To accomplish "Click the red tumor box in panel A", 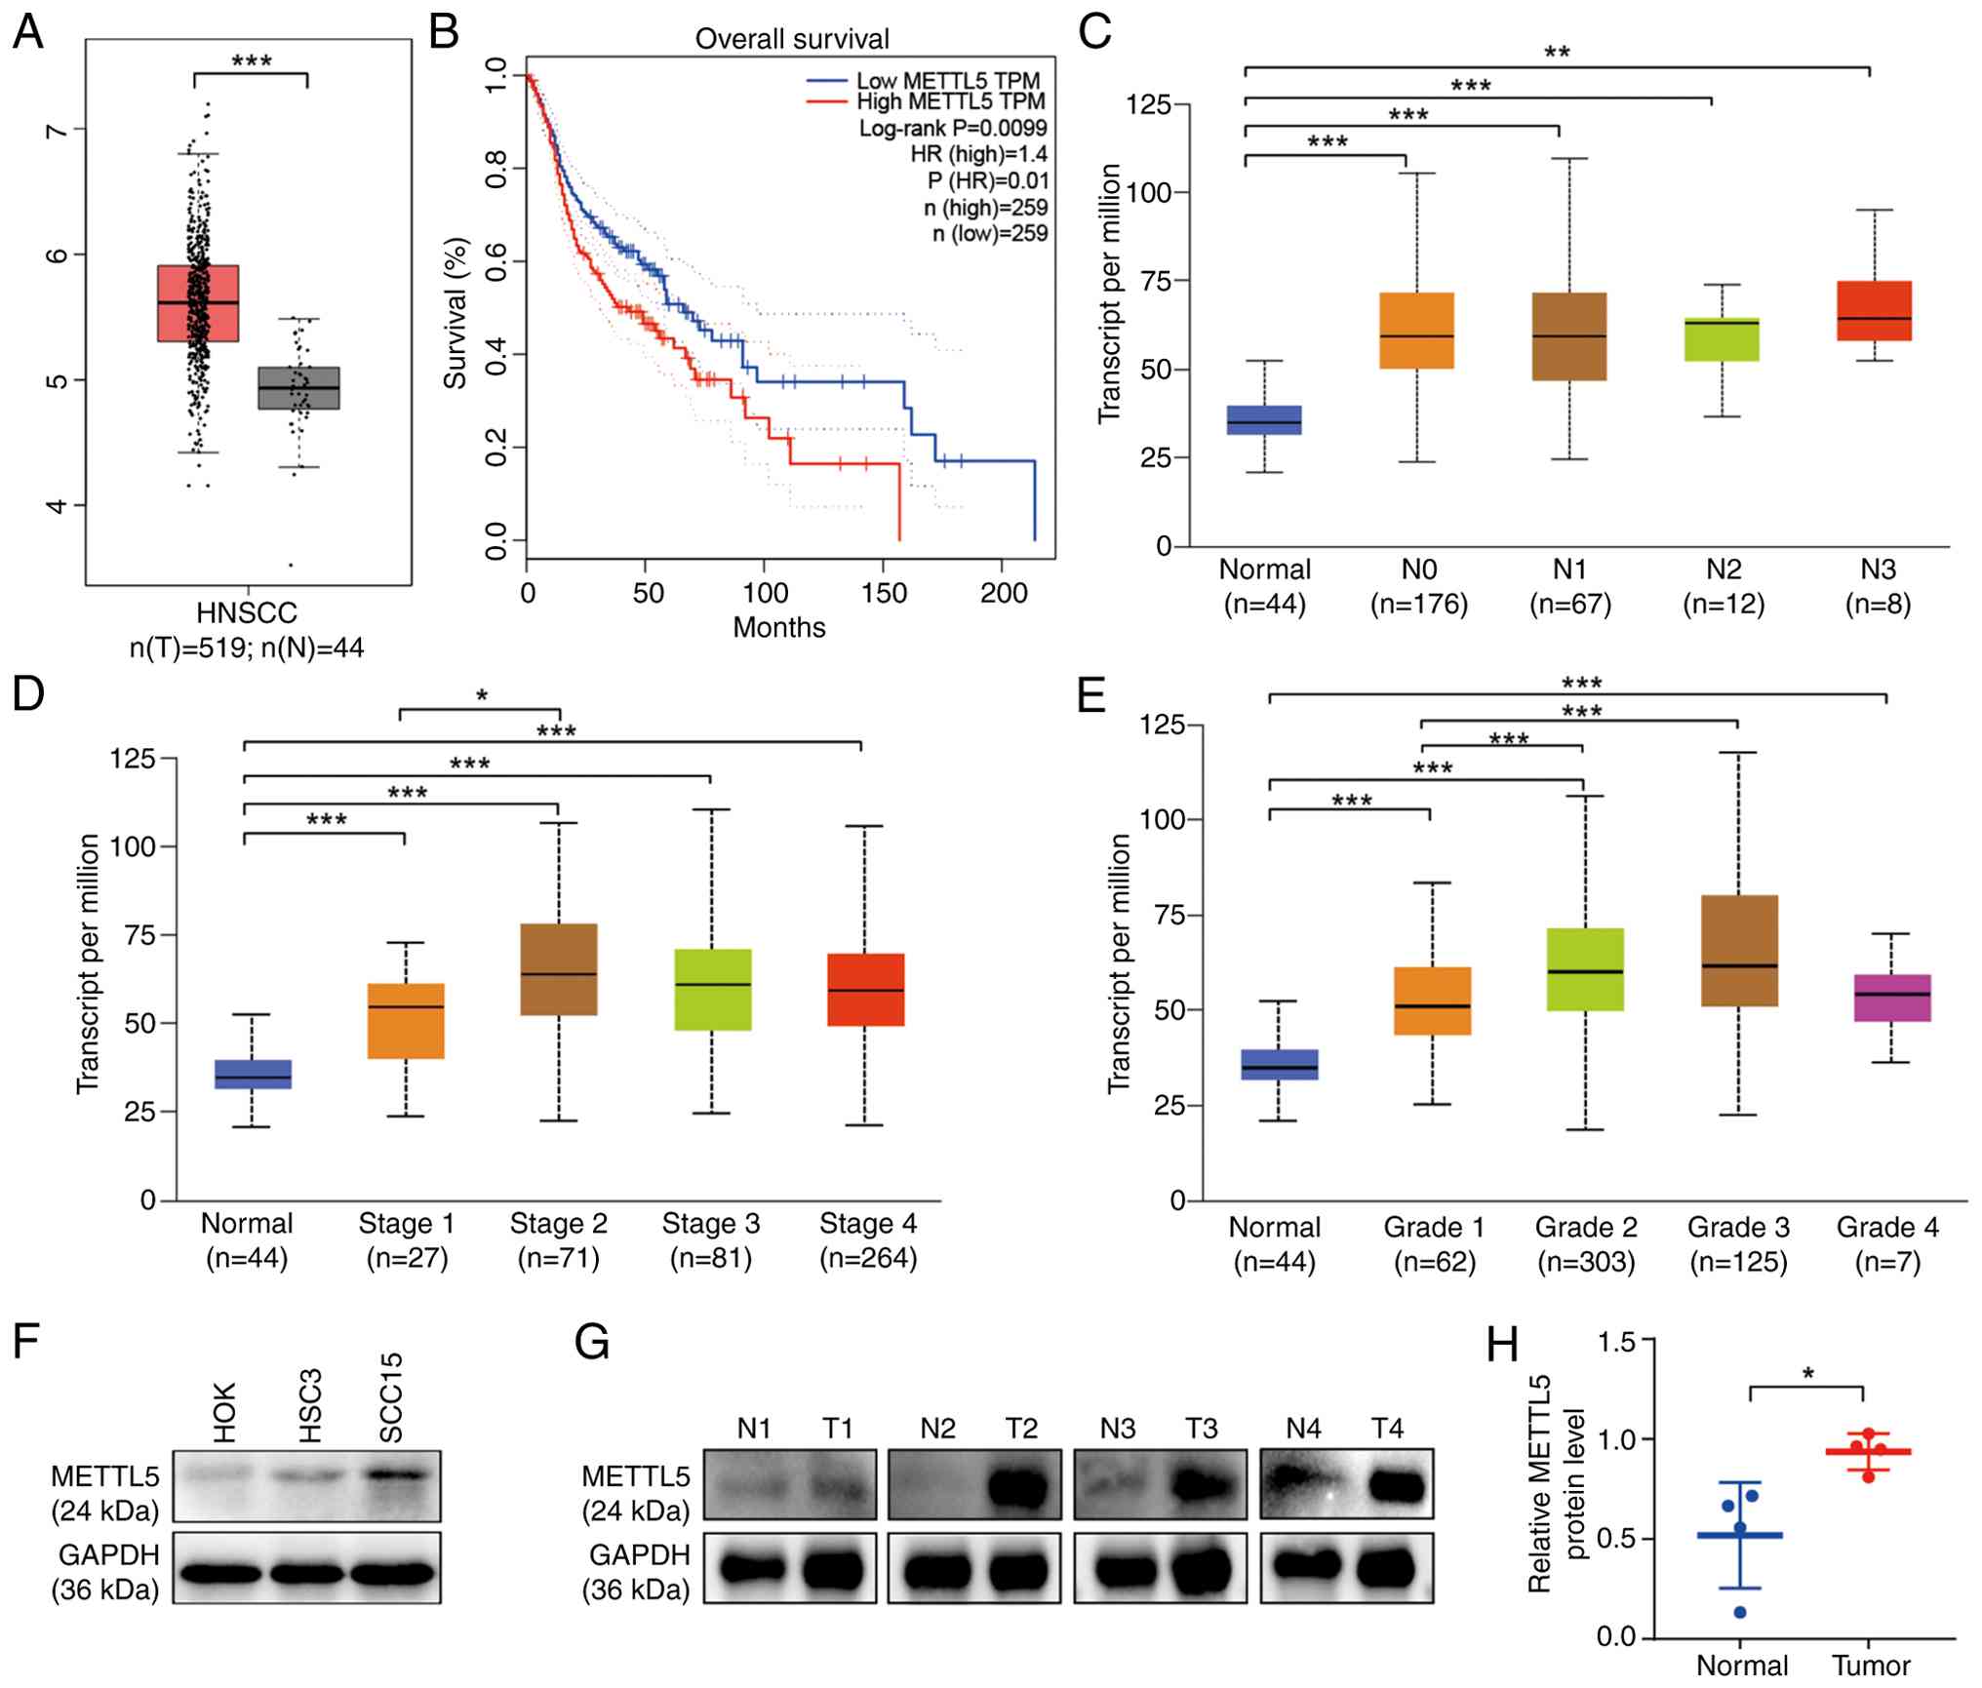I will tap(198, 303).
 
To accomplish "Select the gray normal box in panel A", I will tap(298, 388).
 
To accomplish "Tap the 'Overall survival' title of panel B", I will tap(791, 39).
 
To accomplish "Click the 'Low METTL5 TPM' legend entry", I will tap(947, 81).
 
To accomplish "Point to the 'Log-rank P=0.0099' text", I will tap(952, 128).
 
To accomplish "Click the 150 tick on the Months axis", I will tap(884, 593).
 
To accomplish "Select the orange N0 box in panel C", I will tap(1416, 331).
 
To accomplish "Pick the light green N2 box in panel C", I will tap(1722, 339).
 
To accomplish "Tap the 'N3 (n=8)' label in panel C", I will tap(1877, 586).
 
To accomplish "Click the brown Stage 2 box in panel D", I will tap(558, 969).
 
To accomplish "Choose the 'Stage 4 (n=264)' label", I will tap(867, 1240).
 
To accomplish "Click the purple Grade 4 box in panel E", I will tap(1891, 998).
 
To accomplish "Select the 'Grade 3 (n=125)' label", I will tap(1737, 1244).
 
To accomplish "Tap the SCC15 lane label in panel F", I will tap(391, 1397).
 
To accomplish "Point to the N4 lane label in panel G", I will tap(1303, 1429).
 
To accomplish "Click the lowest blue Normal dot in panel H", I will tap(1740, 1612).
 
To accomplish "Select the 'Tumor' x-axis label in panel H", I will tap(1870, 1665).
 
